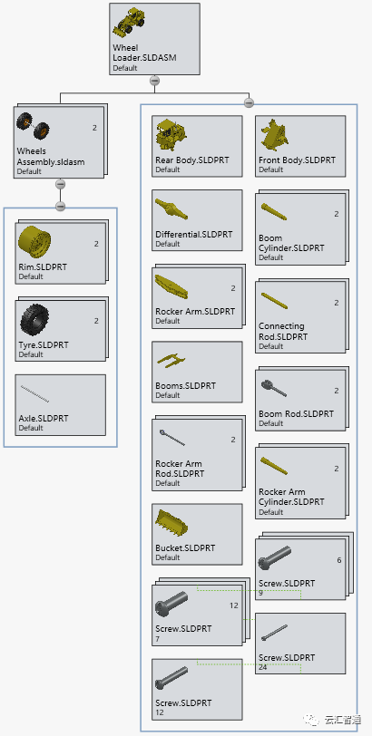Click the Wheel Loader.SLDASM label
tap(144, 53)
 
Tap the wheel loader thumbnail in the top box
tap(129, 22)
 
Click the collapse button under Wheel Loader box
tap(154, 81)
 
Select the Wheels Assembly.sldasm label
tap(51, 157)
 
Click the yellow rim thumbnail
tap(34, 242)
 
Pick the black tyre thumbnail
tap(34, 320)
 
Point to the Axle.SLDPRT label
tap(44, 418)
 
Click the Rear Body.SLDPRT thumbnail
tap(171, 134)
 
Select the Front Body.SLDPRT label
tap(297, 160)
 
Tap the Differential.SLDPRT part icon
tap(171, 209)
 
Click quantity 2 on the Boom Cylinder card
tap(337, 214)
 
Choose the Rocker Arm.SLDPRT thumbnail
tap(171, 286)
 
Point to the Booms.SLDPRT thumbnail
tap(171, 360)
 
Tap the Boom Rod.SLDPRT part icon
tap(273, 388)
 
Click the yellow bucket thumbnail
tap(171, 521)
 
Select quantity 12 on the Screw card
tap(234, 605)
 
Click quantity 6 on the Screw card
tap(339, 560)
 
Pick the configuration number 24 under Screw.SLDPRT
tap(262, 667)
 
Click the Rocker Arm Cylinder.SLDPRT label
tap(291, 497)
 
